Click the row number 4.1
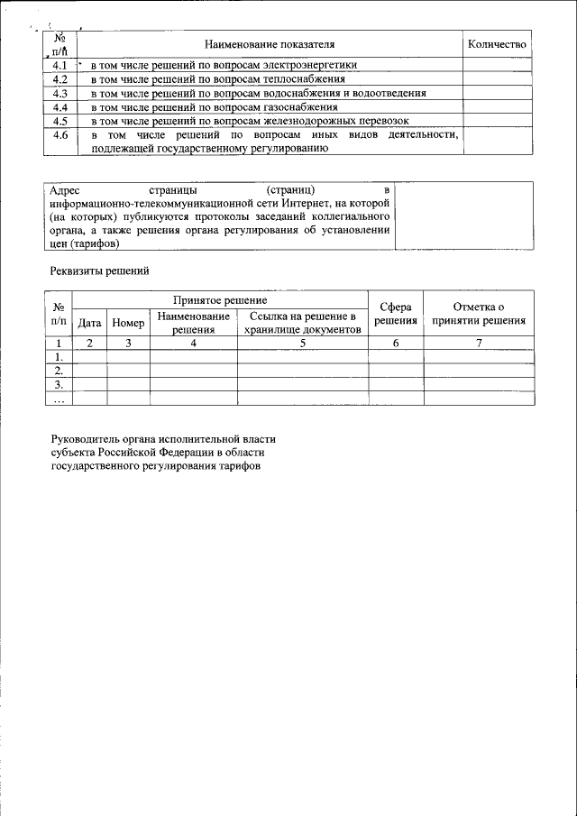[60, 65]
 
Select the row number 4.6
[60, 135]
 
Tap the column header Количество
[497, 43]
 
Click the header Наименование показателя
[269, 43]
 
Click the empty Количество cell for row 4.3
[497, 92]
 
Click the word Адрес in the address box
[66, 190]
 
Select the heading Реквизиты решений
[98, 270]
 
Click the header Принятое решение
[220, 298]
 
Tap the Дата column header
[89, 322]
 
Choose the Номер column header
[128, 322]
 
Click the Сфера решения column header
[396, 314]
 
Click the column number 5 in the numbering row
[302, 343]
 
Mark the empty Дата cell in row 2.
[89, 370]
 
